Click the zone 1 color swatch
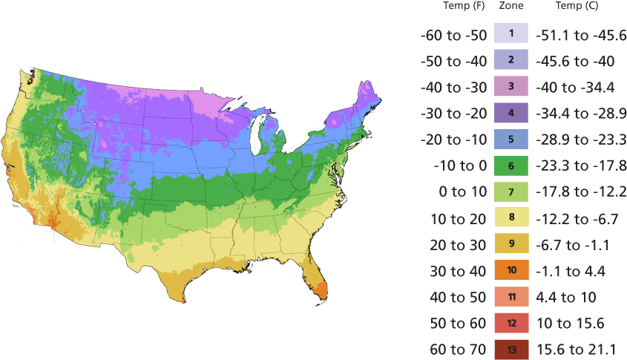511,33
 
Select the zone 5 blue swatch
511,139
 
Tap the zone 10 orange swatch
511,270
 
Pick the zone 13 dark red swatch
511,349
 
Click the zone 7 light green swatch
511,192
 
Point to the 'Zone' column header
511,6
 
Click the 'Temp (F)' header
464,6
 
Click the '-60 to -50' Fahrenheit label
453,35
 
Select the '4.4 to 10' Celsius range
568,297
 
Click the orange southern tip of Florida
319,288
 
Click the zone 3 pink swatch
511,86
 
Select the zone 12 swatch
511,323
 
